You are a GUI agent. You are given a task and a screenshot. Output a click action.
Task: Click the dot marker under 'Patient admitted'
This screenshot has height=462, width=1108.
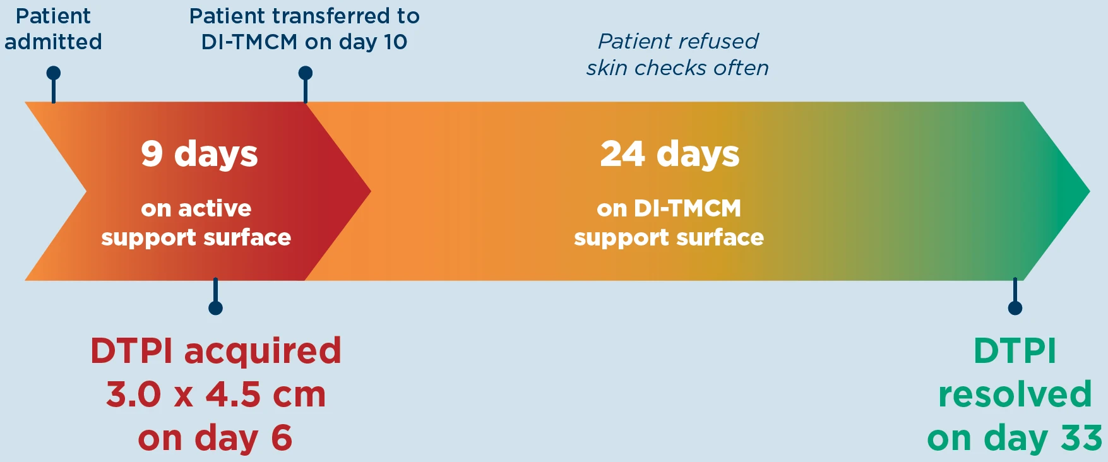54,73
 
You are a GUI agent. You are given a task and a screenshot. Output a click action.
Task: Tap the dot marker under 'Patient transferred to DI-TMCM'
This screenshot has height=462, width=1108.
306,73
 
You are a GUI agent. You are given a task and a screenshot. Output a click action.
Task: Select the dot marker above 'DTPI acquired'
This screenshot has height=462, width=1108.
215,308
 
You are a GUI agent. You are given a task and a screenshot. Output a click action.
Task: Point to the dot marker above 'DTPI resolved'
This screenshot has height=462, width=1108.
1015,308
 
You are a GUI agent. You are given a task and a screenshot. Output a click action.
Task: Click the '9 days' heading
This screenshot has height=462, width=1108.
200,154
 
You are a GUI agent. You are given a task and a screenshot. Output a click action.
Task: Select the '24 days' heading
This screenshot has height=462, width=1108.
670,154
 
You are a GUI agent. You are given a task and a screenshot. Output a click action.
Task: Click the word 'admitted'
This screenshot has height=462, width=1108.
53,42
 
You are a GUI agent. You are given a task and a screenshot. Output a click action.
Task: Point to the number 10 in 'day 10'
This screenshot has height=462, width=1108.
396,42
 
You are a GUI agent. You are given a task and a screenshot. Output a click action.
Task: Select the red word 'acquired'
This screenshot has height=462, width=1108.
263,352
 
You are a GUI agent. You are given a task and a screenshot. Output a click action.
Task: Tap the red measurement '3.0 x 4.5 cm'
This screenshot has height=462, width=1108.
216,394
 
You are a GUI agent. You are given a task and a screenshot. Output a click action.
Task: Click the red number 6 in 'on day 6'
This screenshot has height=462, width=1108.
282,438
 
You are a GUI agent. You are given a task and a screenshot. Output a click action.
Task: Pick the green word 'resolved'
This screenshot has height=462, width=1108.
1015,394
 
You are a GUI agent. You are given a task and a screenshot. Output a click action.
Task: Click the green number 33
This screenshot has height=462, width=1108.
1081,438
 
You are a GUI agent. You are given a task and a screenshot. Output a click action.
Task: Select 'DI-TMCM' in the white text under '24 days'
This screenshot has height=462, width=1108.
688,208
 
